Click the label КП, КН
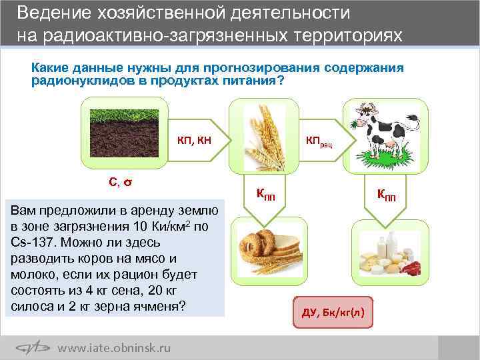[194, 140]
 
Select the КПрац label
[323, 141]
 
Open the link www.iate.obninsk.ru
[114, 347]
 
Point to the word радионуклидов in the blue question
[77, 81]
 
